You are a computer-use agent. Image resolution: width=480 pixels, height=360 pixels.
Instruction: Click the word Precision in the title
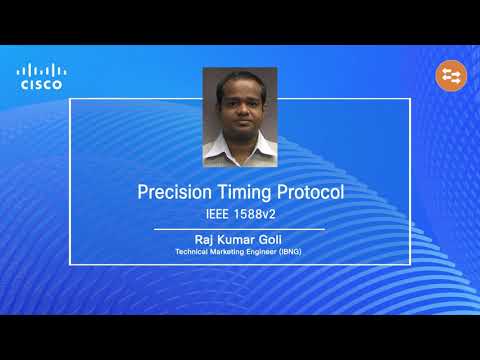coord(173,192)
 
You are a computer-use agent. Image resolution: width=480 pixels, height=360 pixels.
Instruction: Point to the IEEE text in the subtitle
coord(214,212)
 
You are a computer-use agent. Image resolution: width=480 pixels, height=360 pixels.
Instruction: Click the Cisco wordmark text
coord(41,85)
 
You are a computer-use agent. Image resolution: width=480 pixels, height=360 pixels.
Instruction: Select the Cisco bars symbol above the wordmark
coord(41,70)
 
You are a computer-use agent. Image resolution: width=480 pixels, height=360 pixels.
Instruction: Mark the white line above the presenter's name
coord(239,229)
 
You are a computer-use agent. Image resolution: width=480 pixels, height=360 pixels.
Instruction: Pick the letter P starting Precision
coord(142,192)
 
